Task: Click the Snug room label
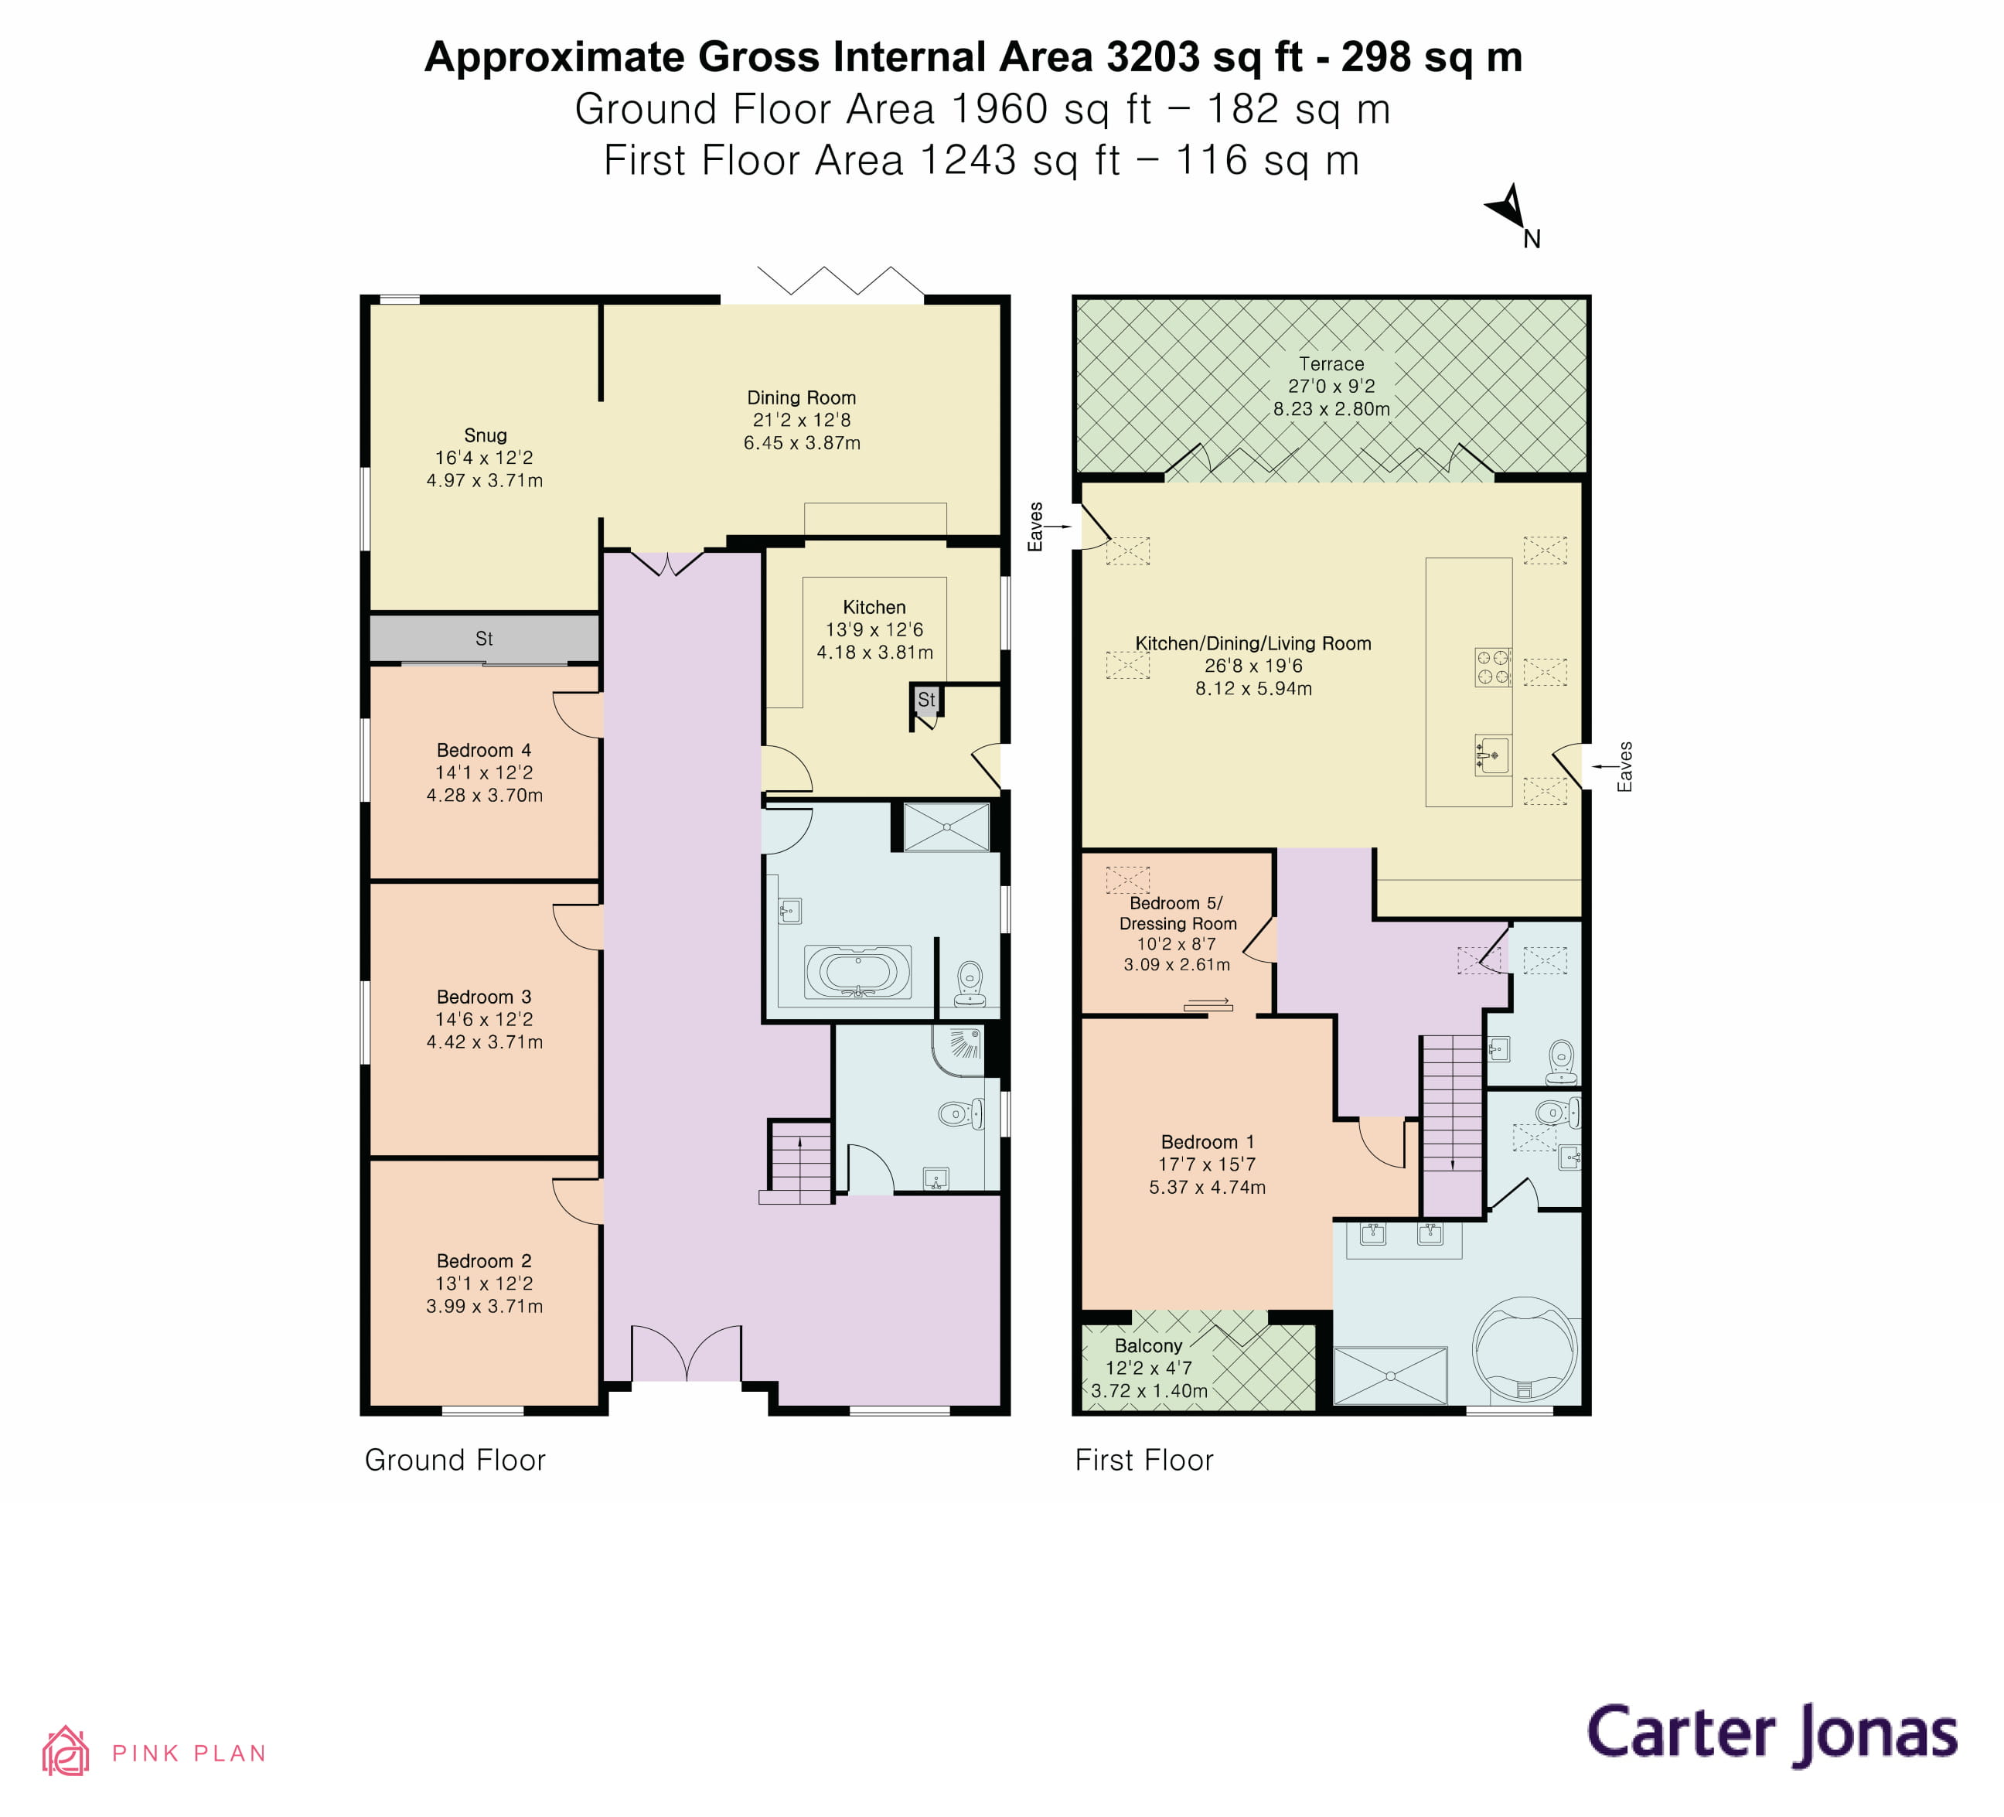(485, 435)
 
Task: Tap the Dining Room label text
(801, 397)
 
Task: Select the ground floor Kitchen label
(874, 607)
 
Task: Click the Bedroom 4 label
(484, 751)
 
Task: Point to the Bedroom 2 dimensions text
(484, 1295)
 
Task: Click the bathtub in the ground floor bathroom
(857, 972)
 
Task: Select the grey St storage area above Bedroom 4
(484, 638)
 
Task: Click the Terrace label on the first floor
(1331, 364)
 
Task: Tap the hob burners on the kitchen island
(1492, 667)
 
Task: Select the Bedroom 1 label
(1207, 1142)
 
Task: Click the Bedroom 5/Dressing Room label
(1177, 913)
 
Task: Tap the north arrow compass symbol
(1510, 210)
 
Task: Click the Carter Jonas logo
(1771, 1733)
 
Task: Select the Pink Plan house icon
(66, 1751)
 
